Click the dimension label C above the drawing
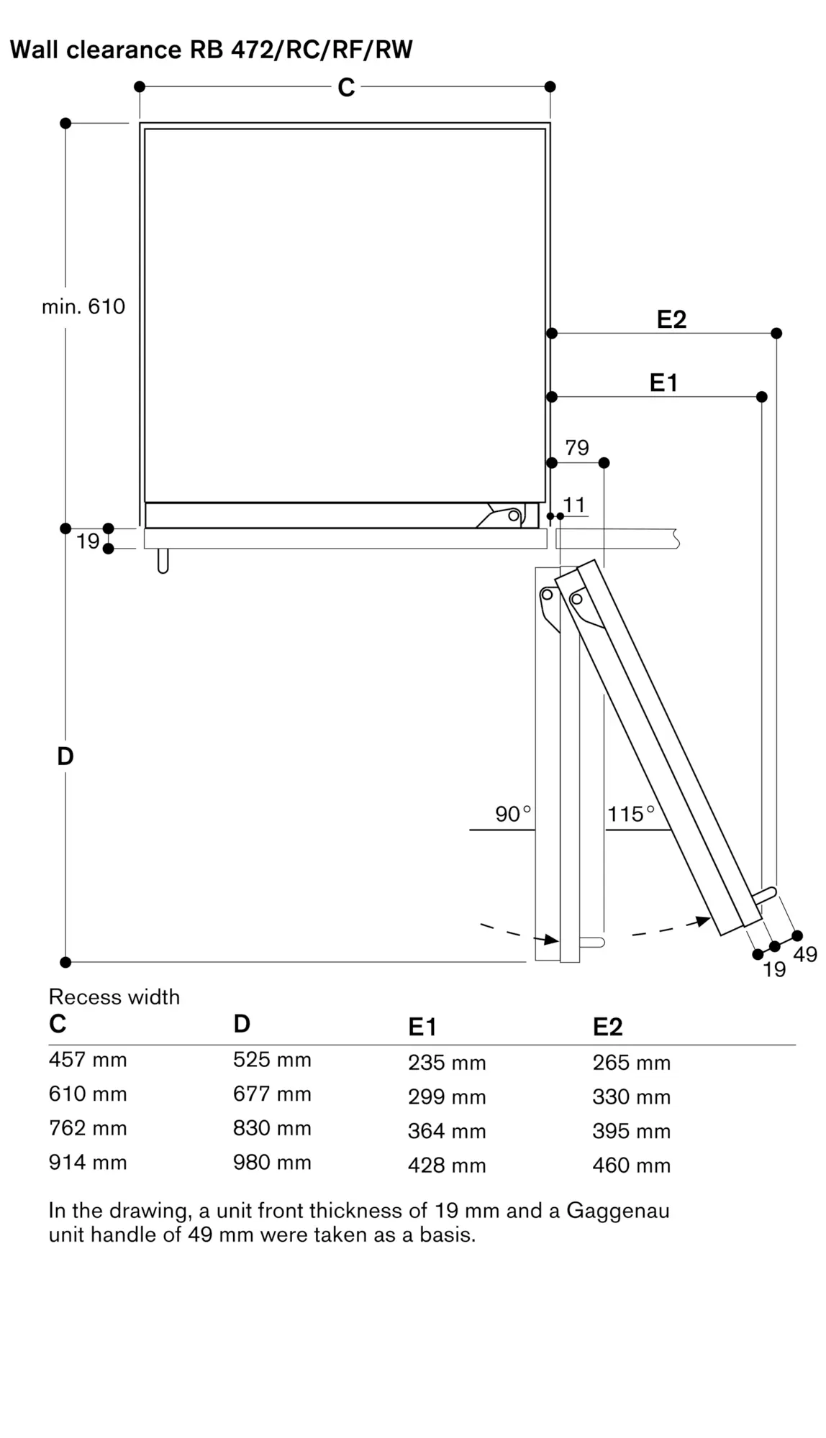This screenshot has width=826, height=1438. pyautogui.click(x=346, y=88)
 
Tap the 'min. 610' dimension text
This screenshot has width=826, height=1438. pyautogui.click(x=83, y=307)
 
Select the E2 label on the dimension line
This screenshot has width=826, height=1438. pyautogui.click(x=671, y=320)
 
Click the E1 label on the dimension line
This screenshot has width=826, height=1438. pyautogui.click(x=663, y=383)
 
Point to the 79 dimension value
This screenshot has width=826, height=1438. pyautogui.click(x=577, y=448)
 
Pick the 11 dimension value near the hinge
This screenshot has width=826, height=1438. pyautogui.click(x=574, y=505)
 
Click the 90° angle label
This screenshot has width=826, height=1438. pyautogui.click(x=512, y=814)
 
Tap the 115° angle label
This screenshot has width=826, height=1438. pyautogui.click(x=631, y=814)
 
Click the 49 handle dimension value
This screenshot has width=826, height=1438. pyautogui.click(x=805, y=954)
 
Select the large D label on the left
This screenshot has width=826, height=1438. pyautogui.click(x=65, y=756)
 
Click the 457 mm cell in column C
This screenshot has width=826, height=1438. pyautogui.click(x=88, y=1060)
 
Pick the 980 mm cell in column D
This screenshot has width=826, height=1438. pyautogui.click(x=272, y=1163)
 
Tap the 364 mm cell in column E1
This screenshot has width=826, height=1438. pyautogui.click(x=447, y=1131)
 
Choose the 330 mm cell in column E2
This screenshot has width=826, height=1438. pyautogui.click(x=632, y=1097)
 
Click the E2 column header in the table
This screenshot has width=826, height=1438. pyautogui.click(x=608, y=1027)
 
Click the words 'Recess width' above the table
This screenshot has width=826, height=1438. pyautogui.click(x=114, y=997)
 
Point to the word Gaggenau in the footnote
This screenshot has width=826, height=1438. pyautogui.click(x=618, y=1211)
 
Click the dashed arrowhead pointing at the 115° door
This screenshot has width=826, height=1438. pyautogui.click(x=702, y=921)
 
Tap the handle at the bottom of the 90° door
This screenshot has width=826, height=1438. pyautogui.click(x=593, y=943)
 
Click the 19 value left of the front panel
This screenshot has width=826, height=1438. pyautogui.click(x=88, y=541)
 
